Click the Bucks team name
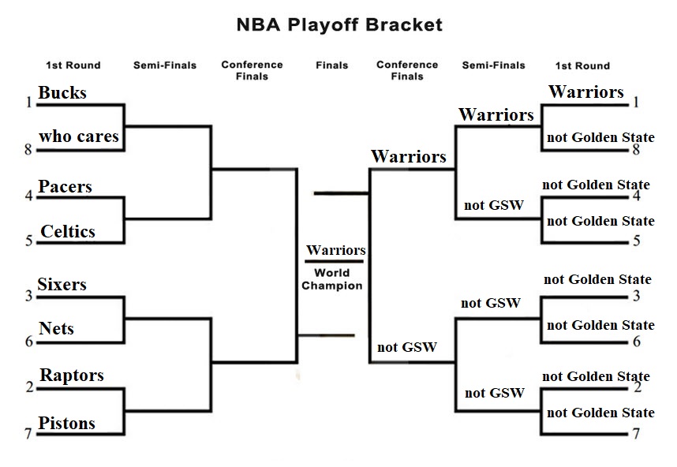(62, 93)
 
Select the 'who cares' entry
(79, 136)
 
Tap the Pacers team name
(65, 187)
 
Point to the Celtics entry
(68, 231)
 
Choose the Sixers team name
(62, 284)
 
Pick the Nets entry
(57, 328)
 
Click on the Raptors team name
(71, 375)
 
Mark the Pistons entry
(67, 424)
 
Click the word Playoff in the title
(324, 25)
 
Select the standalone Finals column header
(331, 65)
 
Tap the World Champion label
(331, 279)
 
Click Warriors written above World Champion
(335, 251)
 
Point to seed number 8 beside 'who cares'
(29, 149)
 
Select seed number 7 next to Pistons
(29, 434)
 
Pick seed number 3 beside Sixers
(29, 296)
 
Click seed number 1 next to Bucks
(29, 103)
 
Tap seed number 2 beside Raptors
(29, 387)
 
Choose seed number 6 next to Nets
(29, 342)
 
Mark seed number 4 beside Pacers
(29, 195)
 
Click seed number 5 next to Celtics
(29, 241)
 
